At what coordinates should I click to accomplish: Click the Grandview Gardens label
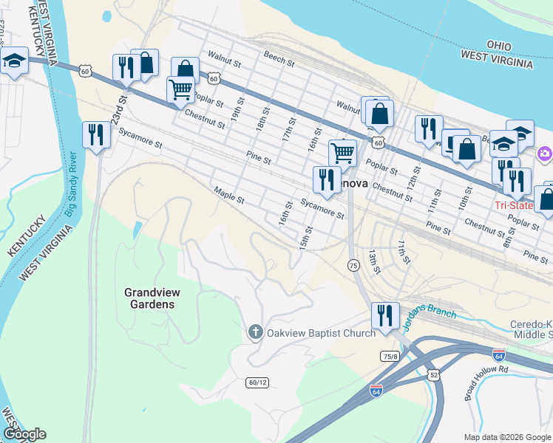(x=149, y=298)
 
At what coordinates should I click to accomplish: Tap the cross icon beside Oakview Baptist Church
(x=255, y=332)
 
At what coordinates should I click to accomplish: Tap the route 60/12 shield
(x=256, y=382)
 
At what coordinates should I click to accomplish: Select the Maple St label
(x=228, y=196)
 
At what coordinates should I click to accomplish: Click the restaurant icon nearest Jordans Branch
(x=384, y=315)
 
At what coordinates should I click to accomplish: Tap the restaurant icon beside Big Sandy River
(x=95, y=134)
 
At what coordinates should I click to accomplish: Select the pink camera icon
(x=545, y=154)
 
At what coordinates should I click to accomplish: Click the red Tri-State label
(x=513, y=205)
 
